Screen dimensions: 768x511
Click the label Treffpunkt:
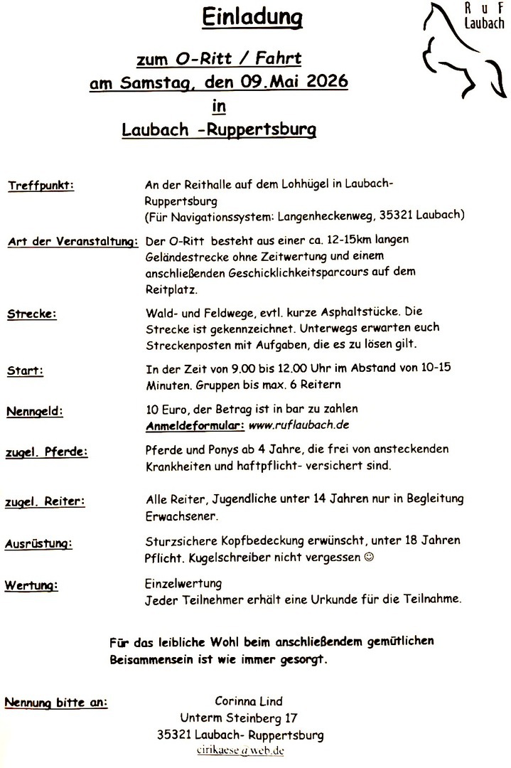click(x=41, y=186)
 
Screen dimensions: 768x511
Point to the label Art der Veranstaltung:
click(x=72, y=242)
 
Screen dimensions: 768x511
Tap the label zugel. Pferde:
click(x=46, y=452)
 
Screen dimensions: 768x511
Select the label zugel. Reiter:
click(x=45, y=501)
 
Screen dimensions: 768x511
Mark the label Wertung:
click(x=31, y=586)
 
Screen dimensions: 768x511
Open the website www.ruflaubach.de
click(x=298, y=425)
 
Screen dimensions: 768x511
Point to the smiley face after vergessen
click(x=368, y=557)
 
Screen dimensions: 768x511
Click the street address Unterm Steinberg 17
click(x=240, y=718)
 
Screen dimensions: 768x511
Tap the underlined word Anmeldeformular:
click(x=195, y=425)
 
